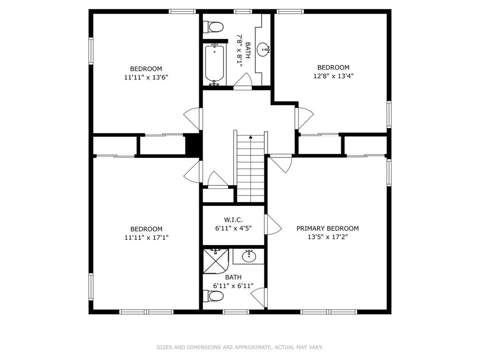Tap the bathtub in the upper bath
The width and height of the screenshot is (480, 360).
click(215, 65)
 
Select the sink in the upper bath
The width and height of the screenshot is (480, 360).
click(263, 49)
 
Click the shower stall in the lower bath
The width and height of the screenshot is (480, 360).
click(216, 261)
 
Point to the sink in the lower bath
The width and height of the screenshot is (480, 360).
click(249, 256)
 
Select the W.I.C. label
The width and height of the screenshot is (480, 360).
click(233, 219)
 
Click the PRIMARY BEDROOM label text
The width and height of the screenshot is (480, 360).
click(328, 228)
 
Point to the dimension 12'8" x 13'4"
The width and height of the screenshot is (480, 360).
click(333, 75)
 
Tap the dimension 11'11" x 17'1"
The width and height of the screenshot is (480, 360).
click(146, 237)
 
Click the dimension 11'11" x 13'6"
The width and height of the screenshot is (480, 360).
click(146, 77)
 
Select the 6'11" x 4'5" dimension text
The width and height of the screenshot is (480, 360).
click(233, 228)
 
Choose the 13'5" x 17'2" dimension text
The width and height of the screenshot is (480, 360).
click(328, 237)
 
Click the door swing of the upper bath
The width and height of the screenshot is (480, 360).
click(243, 80)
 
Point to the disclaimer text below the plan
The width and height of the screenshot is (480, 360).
click(240, 347)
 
